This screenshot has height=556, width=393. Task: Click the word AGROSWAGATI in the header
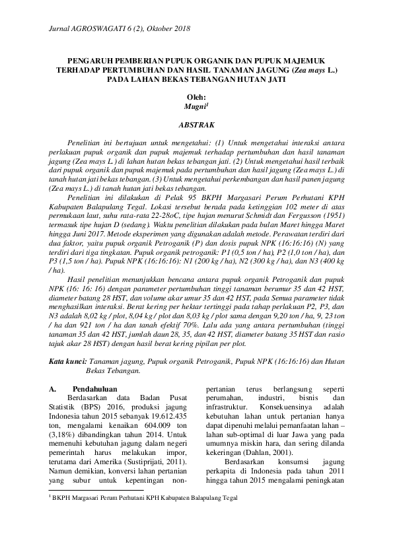click(94, 30)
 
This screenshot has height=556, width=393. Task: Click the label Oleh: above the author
click(197, 96)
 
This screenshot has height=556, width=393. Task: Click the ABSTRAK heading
click(196, 123)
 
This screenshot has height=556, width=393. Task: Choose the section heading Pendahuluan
click(96, 389)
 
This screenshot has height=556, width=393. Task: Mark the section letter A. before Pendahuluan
click(55, 389)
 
